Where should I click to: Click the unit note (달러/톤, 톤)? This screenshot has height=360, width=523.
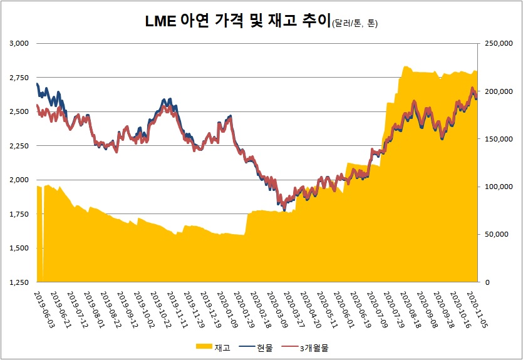point(356,24)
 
